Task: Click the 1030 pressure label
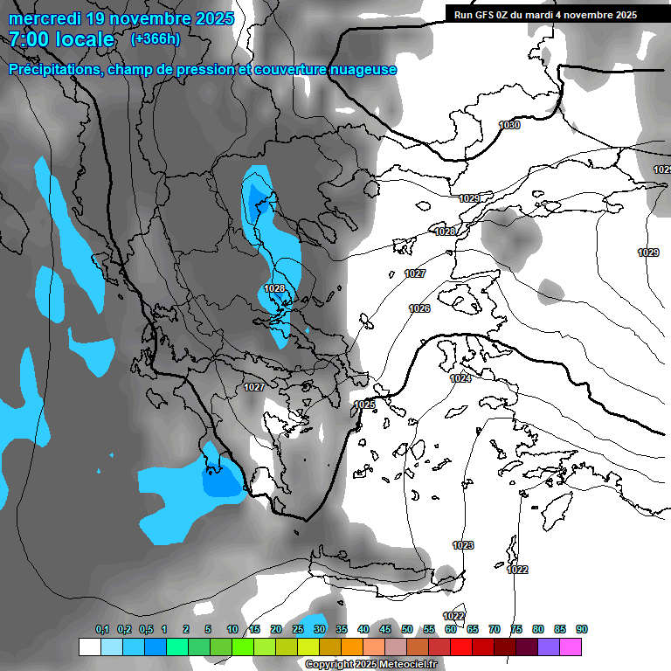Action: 509,126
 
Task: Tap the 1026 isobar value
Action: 419,308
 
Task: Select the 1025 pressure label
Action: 364,405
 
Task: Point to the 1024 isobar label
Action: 460,378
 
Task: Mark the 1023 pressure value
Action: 463,545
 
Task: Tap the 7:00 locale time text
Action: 60,39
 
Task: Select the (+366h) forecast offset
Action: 155,39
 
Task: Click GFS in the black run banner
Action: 489,15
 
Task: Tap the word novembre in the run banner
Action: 589,15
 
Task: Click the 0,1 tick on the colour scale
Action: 102,629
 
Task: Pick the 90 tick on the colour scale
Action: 582,629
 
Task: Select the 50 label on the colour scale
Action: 407,629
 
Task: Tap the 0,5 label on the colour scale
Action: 146,629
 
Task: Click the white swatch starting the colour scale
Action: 89,647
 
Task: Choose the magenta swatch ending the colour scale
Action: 571,647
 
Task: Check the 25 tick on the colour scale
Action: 298,629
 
